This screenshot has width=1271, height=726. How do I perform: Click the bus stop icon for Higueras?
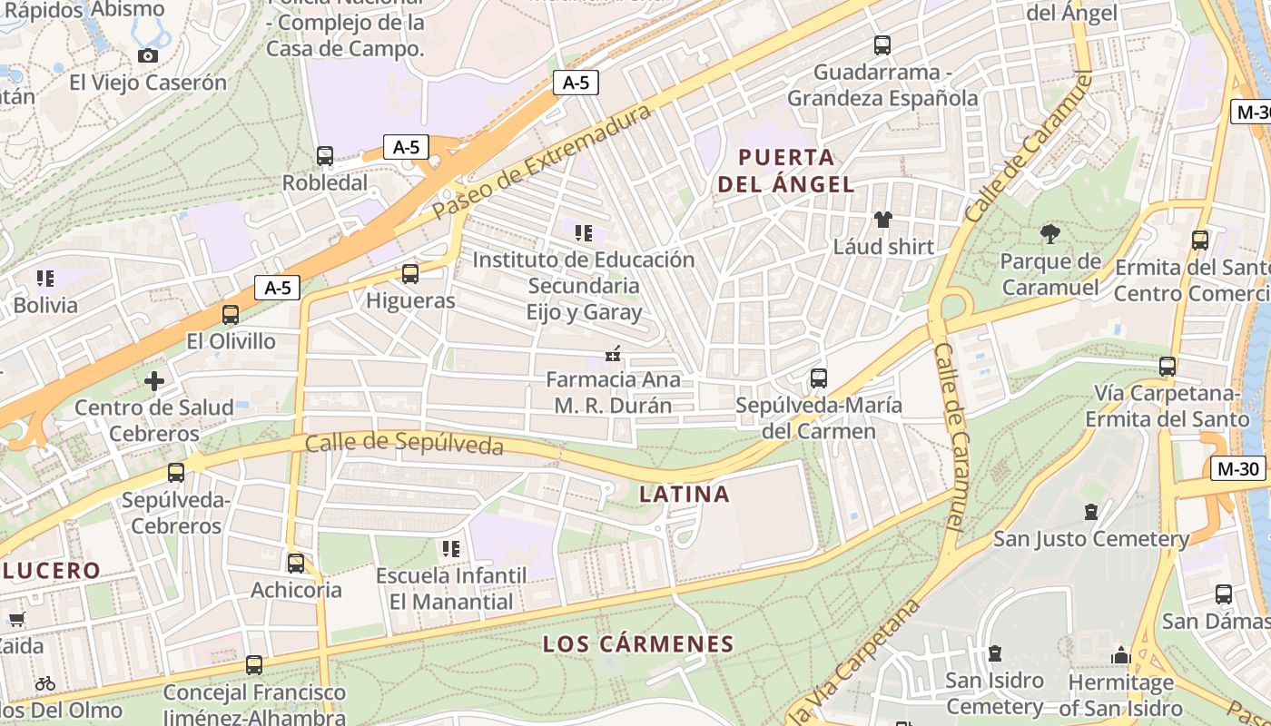(x=410, y=273)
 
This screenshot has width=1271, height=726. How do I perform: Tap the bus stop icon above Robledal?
(x=325, y=156)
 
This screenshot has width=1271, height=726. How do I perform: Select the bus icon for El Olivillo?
(x=231, y=315)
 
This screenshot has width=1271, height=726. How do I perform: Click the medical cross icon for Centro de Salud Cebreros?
(x=154, y=380)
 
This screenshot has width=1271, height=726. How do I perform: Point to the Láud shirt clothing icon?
(x=882, y=219)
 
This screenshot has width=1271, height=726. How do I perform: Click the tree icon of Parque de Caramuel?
(x=1050, y=234)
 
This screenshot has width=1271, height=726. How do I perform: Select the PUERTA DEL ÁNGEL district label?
(x=786, y=171)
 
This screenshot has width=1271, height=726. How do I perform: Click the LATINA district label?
(x=685, y=494)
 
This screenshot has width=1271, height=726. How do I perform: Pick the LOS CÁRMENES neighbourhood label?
(x=637, y=644)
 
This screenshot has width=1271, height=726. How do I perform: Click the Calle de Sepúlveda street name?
(x=404, y=444)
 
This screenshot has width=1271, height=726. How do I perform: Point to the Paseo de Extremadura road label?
(x=542, y=161)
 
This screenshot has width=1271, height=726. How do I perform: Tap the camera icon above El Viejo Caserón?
(x=147, y=55)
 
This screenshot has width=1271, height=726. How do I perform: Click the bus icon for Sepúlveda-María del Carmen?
(x=819, y=378)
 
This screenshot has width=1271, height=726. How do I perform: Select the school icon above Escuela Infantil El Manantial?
(x=450, y=548)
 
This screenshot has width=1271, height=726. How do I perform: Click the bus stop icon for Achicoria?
(x=296, y=564)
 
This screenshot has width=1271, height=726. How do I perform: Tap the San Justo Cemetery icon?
(x=1091, y=512)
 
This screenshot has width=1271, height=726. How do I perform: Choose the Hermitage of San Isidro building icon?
(x=1120, y=655)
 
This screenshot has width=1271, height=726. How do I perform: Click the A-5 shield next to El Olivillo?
(x=277, y=288)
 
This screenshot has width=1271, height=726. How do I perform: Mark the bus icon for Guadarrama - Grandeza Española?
(x=882, y=45)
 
